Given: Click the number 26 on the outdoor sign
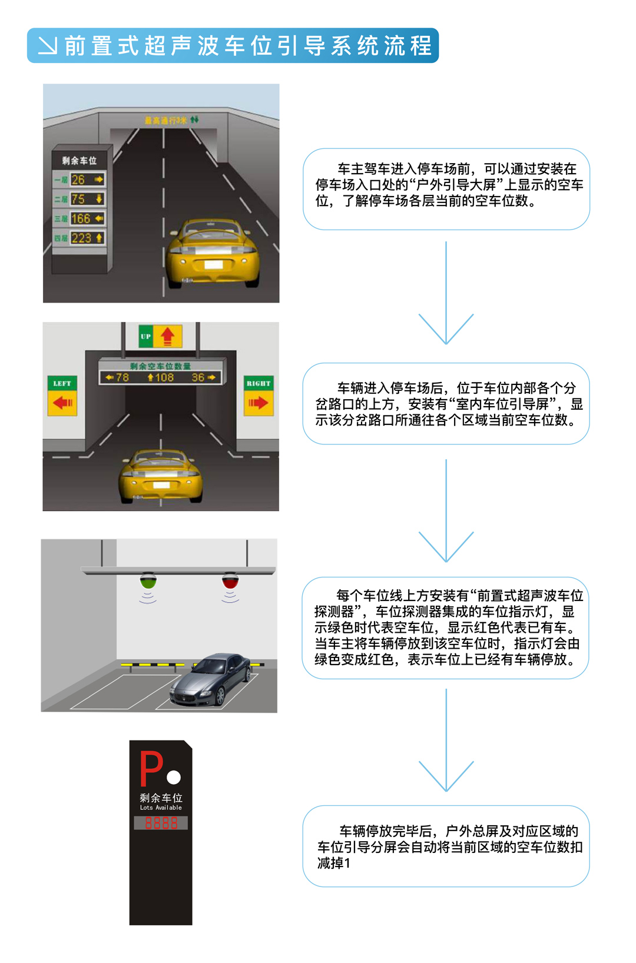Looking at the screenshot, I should click(x=78, y=180).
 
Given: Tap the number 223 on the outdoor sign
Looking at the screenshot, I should click(x=81, y=238).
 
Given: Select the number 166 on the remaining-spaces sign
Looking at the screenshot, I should click(x=81, y=218).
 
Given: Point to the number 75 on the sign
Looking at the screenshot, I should click(x=78, y=199).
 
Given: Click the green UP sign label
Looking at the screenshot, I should click(x=145, y=336).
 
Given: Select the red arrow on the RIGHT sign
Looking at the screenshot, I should click(x=258, y=403).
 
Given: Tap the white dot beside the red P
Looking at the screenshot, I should click(x=174, y=778).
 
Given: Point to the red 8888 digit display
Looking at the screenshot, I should click(x=161, y=823).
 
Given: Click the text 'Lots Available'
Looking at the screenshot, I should click(x=161, y=808).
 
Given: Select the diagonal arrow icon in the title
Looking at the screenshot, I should click(x=47, y=45).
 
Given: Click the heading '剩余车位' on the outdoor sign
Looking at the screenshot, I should click(x=79, y=160).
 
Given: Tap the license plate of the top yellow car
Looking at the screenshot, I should click(x=213, y=265).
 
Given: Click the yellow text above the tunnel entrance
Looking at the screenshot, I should click(x=165, y=121).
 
